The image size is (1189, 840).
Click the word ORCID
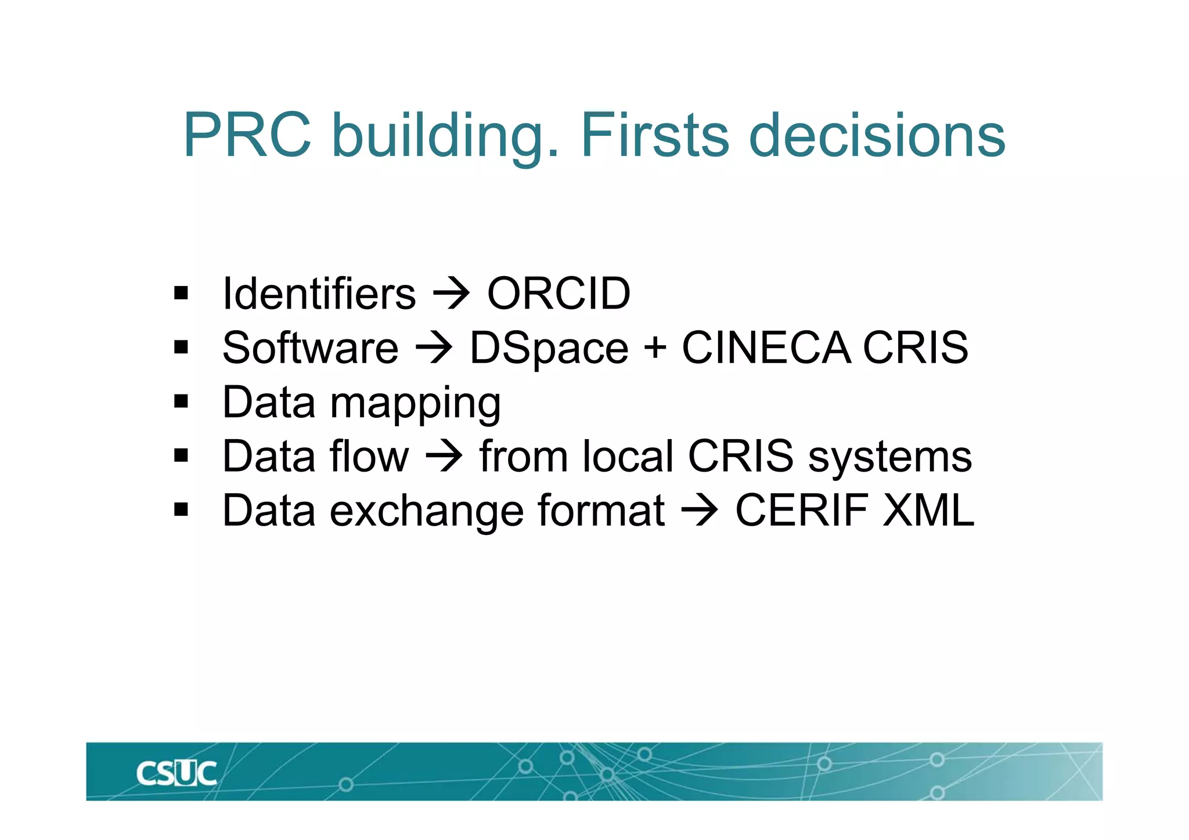(x=559, y=294)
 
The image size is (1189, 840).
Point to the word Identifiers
(x=319, y=294)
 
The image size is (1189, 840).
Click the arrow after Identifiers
(x=452, y=295)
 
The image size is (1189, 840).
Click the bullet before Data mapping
(x=181, y=401)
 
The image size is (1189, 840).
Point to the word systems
(x=890, y=457)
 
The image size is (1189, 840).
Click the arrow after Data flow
(x=444, y=457)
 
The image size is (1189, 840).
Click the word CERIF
(x=802, y=510)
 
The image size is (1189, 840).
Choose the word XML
(x=928, y=510)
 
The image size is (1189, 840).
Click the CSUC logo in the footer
(x=176, y=774)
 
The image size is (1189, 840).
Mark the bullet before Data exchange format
(x=181, y=510)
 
